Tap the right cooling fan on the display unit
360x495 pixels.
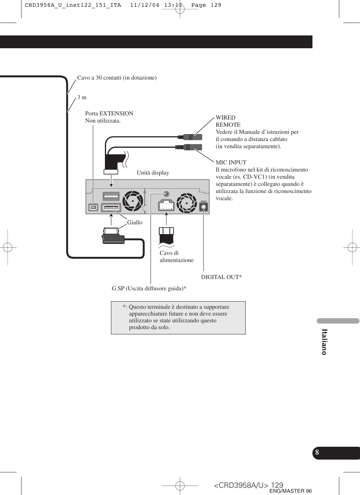click(187, 202)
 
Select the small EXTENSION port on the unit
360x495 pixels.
click(93, 207)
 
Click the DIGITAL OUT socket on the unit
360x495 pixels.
click(203, 207)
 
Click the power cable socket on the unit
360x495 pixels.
click(166, 205)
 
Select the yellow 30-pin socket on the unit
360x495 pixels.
click(111, 207)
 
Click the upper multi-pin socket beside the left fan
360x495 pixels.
click(111, 196)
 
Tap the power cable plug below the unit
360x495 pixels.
click(166, 236)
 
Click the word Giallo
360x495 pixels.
click(135, 222)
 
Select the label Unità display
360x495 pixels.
click(153, 173)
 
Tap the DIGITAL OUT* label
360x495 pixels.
click(221, 277)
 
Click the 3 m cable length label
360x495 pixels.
click(82, 97)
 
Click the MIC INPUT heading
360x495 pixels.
click(231, 162)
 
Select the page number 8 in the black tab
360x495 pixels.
click(317, 452)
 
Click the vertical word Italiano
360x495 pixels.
click(324, 342)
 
